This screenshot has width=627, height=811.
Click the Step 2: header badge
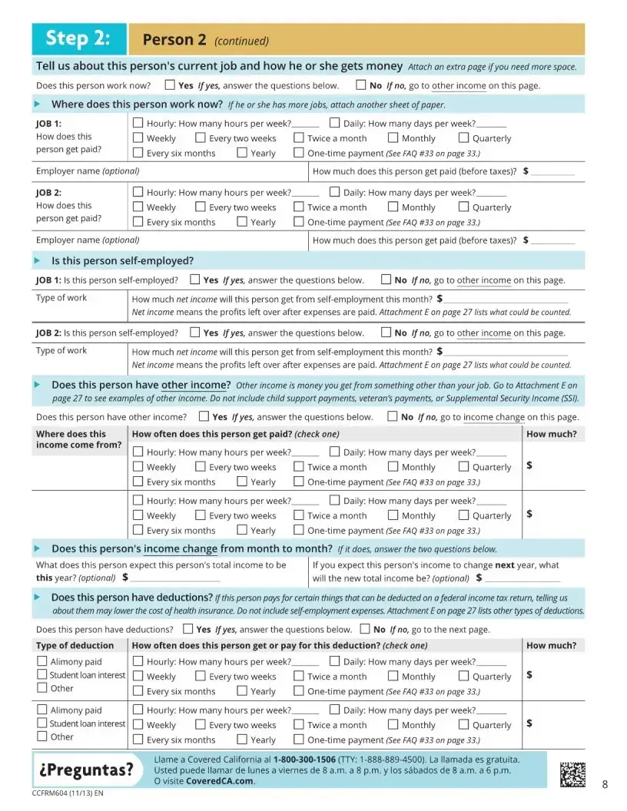click(x=77, y=38)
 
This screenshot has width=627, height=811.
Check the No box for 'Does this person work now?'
click(x=360, y=85)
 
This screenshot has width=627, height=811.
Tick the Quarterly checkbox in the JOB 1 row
click(x=463, y=138)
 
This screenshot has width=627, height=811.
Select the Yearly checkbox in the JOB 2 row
click(x=242, y=222)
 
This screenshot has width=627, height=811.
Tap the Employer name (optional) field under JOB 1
click(x=169, y=171)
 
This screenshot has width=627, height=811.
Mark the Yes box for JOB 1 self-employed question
click(x=194, y=280)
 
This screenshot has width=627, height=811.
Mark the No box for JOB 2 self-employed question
click(x=386, y=333)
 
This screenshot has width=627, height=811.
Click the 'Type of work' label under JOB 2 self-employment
click(x=61, y=350)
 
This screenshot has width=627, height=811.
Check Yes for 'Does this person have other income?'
click(x=204, y=416)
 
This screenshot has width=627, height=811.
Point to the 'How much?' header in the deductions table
click(x=551, y=645)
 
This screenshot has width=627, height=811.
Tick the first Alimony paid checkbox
click(x=42, y=661)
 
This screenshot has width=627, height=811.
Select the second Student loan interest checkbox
click(x=42, y=723)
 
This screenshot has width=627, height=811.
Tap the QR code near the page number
click(x=572, y=773)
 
